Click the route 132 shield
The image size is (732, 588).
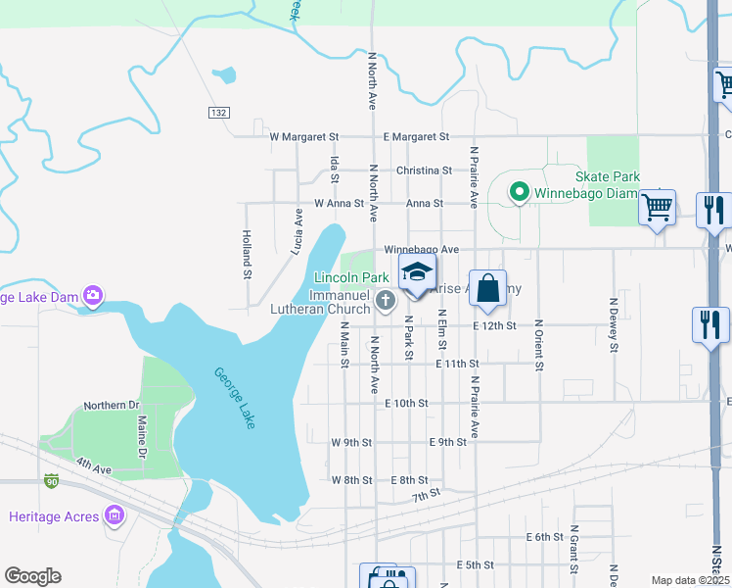218,114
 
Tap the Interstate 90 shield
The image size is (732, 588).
52,481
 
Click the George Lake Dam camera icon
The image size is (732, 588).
93,295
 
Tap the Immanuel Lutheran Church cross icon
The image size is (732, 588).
386,300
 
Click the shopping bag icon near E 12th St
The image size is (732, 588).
487,289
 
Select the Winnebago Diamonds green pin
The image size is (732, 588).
520,193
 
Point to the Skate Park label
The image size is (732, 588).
608,176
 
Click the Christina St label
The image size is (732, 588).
424,171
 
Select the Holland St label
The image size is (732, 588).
248,256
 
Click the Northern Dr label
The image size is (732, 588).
112,405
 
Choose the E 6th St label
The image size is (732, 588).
545,537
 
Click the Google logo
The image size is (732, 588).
32,576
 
